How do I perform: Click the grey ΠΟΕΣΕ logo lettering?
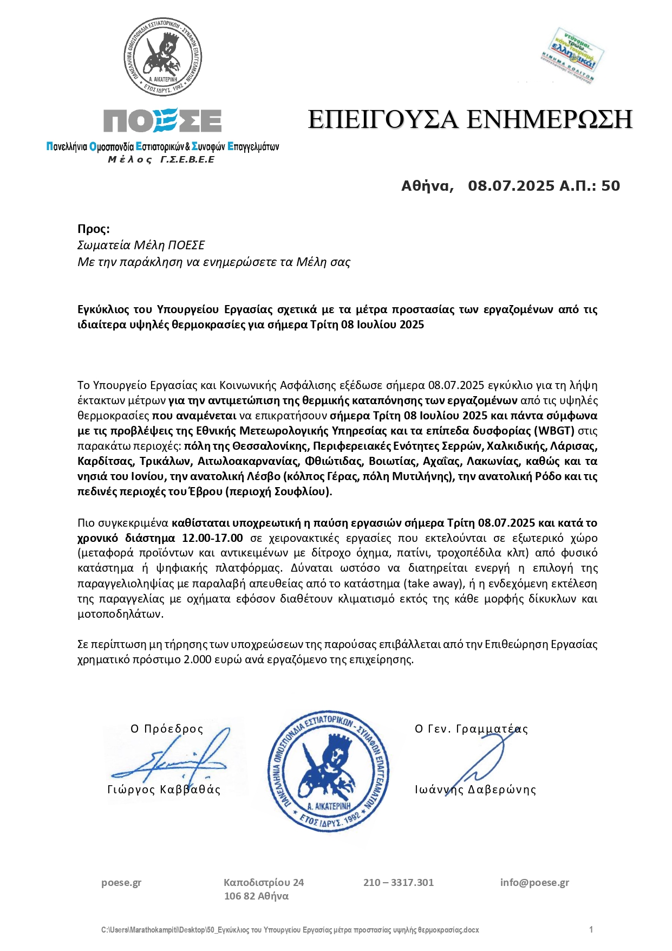(162, 120)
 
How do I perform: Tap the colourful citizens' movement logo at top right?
(572, 55)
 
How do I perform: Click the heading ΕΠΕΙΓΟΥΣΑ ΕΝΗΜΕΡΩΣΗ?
(470, 119)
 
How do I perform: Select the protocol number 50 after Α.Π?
(610, 186)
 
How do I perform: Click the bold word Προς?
(94, 228)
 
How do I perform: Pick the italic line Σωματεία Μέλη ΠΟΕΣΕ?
(141, 245)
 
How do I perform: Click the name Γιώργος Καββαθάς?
(164, 790)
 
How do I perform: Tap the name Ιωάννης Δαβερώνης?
(475, 790)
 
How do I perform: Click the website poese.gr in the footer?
(121, 882)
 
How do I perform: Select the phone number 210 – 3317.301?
(399, 882)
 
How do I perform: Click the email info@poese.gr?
(534, 882)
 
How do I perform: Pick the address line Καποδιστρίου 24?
(264, 882)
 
